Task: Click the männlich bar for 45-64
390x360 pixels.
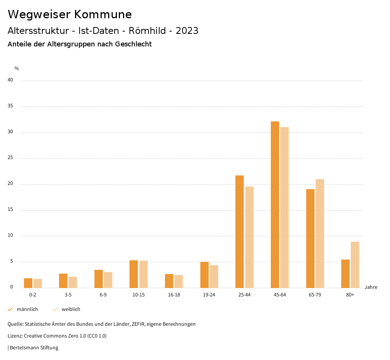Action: pyautogui.click(x=275, y=205)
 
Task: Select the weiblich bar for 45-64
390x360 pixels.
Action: pyautogui.click(x=285, y=207)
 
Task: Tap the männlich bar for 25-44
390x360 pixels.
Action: pyautogui.click(x=240, y=232)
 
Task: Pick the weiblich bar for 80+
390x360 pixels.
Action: pyautogui.click(x=355, y=265)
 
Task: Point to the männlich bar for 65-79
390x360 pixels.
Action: pyautogui.click(x=310, y=239)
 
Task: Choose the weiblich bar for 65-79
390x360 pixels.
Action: pyautogui.click(x=320, y=234)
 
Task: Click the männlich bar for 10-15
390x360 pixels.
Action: pyautogui.click(x=134, y=274)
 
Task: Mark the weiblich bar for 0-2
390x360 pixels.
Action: pyautogui.click(x=38, y=284)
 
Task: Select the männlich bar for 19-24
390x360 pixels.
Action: pyautogui.click(x=205, y=275)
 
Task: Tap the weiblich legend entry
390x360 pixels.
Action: pyautogui.click(x=67, y=309)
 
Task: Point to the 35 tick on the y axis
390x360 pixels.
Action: pyautogui.click(x=10, y=106)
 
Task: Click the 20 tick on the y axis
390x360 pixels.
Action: pyautogui.click(x=10, y=184)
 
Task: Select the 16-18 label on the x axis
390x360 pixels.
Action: pyautogui.click(x=174, y=295)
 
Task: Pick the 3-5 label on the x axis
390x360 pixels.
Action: pyautogui.click(x=68, y=295)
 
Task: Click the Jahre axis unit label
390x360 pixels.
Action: pyautogui.click(x=371, y=287)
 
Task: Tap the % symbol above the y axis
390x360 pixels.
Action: pyautogui.click(x=17, y=68)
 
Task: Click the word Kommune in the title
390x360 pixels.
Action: pyautogui.click(x=103, y=14)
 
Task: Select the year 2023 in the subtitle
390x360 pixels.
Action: pyautogui.click(x=187, y=31)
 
